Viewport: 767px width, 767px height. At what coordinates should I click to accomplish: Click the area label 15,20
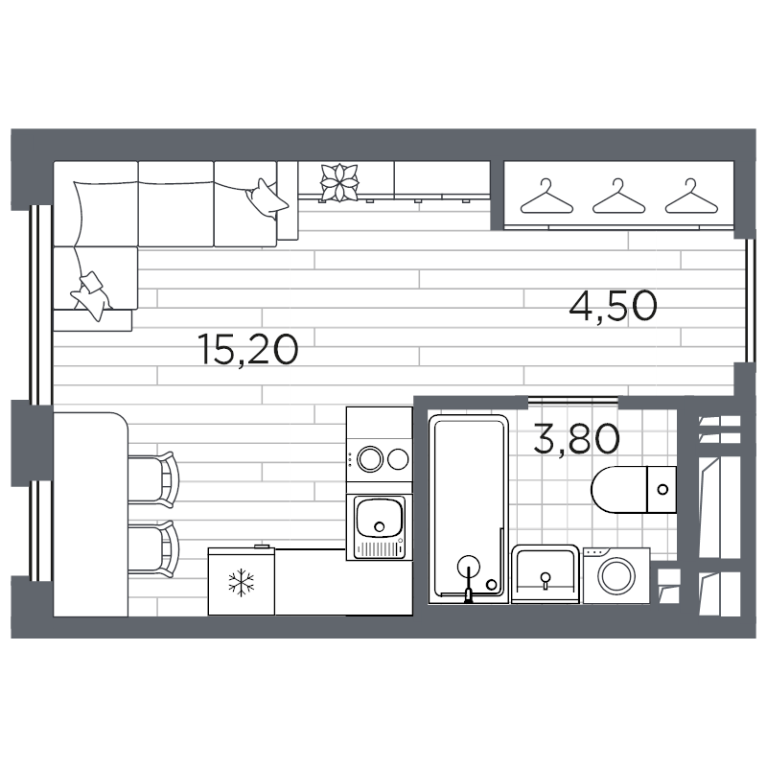coord(250,348)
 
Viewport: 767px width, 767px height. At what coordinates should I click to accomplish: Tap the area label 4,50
coord(613,308)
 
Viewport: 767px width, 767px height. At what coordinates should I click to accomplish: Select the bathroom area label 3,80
coord(575,441)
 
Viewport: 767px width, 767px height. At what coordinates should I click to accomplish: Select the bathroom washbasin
coord(546,574)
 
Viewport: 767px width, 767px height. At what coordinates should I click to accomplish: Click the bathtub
coord(468,508)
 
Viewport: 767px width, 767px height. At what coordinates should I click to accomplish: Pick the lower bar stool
coord(152,550)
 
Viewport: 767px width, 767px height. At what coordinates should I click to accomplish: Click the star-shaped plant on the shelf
coord(337,182)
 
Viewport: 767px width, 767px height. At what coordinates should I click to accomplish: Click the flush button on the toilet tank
coord(662,487)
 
